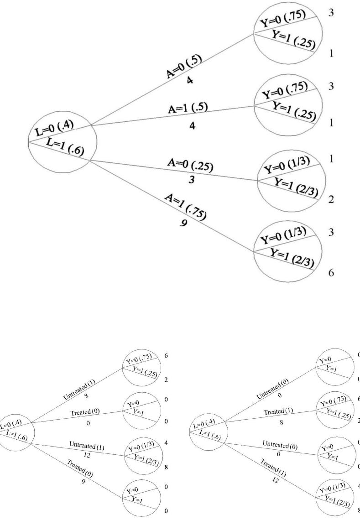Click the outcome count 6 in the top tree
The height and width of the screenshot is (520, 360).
[332, 273]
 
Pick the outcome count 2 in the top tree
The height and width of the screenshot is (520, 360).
[332, 200]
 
